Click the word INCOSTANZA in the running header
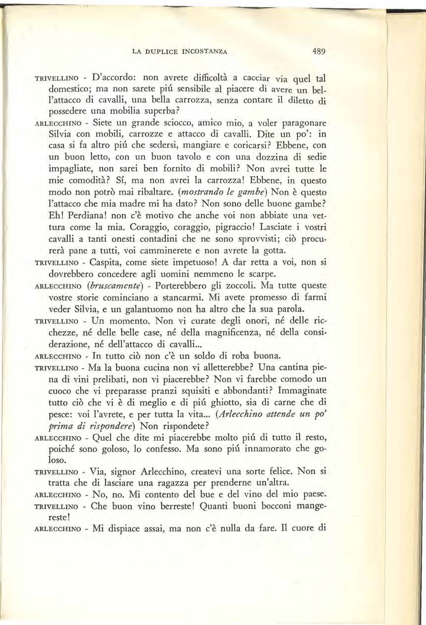205,51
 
